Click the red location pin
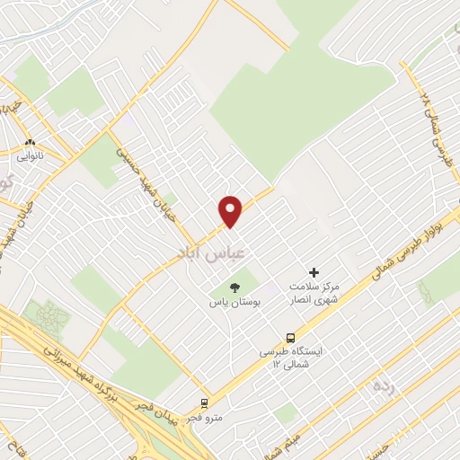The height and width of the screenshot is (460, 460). tap(231, 210)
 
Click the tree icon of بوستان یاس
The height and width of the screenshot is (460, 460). tap(234, 287)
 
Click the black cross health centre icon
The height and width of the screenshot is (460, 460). tap(314, 271)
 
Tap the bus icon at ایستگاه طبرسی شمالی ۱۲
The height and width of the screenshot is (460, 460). tap(289, 337)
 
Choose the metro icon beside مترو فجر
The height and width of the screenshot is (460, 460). tap(206, 402)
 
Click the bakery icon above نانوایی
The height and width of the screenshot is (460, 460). tap(30, 142)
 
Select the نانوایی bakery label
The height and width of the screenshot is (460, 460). tap(30, 155)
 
